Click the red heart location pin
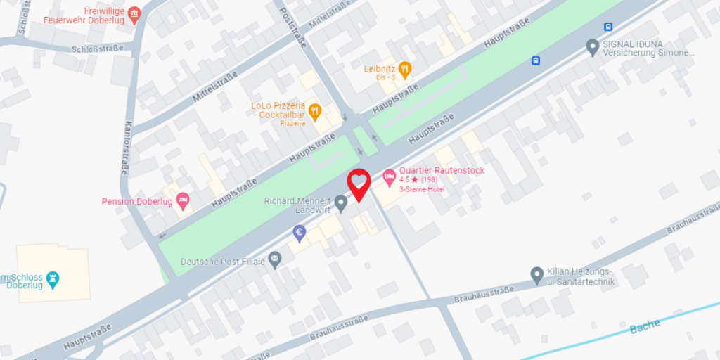[359, 184]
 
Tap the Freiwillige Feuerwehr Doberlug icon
[135, 13]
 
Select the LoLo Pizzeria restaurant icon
[316, 110]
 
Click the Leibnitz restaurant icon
[404, 69]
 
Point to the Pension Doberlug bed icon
[183, 201]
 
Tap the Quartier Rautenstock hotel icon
[389, 175]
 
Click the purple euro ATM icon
[300, 233]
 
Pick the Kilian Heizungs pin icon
[537, 274]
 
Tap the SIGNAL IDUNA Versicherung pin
[593, 47]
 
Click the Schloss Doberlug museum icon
[53, 281]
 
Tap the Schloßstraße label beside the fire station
[97, 49]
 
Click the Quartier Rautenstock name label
[442, 170]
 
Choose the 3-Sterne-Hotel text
[422, 190]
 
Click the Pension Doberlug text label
[137, 202]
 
